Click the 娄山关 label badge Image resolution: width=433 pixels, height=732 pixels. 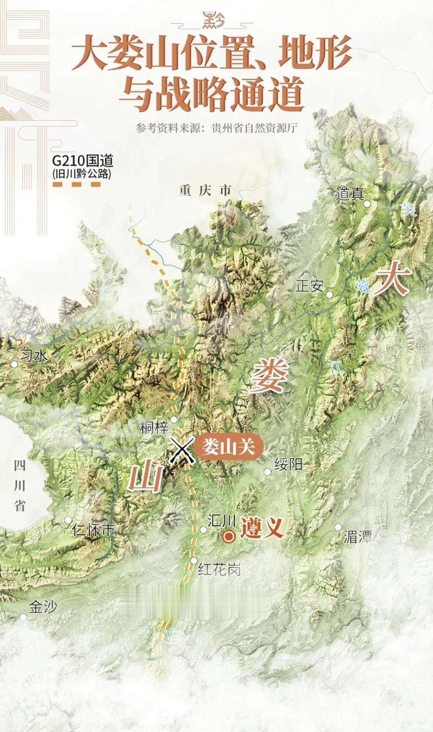pos(228,446)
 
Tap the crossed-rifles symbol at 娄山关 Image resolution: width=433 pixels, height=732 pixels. pos(182,450)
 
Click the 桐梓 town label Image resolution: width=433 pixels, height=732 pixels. pos(154,427)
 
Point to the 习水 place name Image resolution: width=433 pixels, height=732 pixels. pos(34,356)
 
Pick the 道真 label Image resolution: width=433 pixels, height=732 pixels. pos(350,194)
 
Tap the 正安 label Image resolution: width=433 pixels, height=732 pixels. pos(309,286)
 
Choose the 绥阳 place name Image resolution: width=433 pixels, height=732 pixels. pos(288,465)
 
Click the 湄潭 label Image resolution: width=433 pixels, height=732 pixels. pos(357,537)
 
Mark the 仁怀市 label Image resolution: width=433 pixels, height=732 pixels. pos(93,530)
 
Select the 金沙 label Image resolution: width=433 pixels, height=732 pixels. pos(43,607)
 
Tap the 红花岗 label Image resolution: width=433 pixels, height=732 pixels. pos(219,569)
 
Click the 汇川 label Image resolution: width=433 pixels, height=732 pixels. pos(221,521)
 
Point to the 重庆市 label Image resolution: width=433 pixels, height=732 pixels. pos(205,190)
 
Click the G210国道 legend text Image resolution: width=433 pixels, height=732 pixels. pos(82,161)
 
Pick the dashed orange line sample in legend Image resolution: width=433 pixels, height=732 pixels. pos(77,185)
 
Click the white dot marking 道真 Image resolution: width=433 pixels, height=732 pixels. pos(367,204)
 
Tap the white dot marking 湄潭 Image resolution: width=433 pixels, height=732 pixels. pos(338,527)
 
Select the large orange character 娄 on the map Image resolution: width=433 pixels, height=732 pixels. pos(269,375)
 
